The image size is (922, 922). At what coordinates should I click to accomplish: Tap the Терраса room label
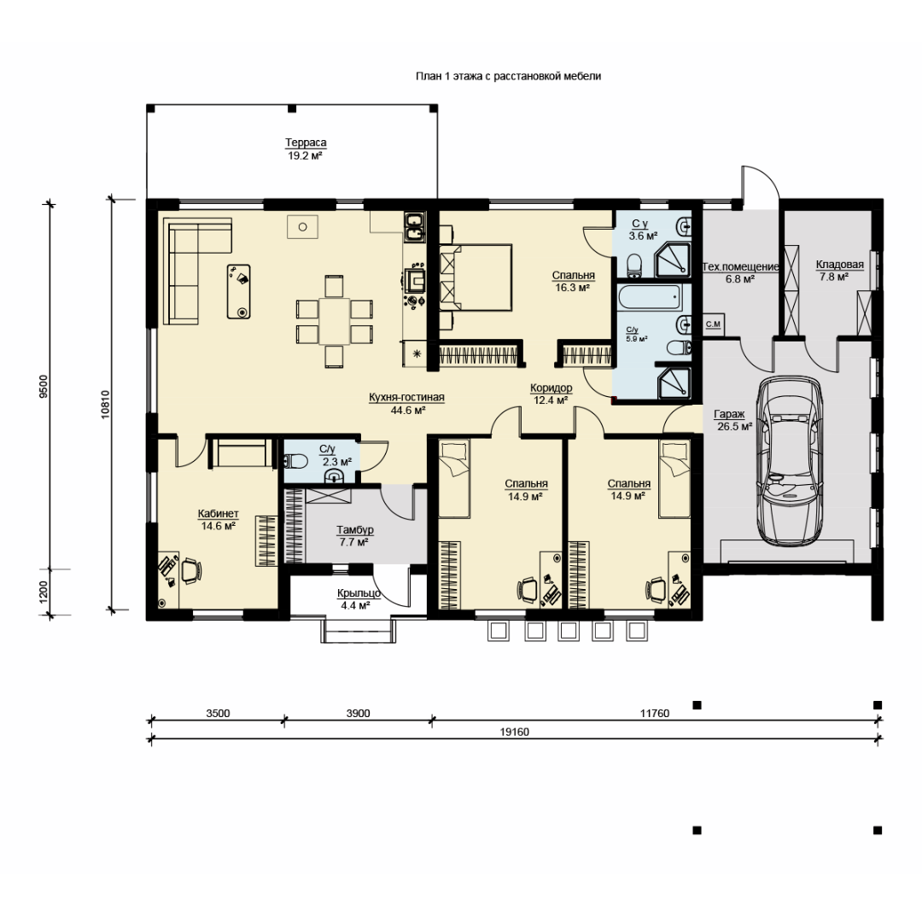306,143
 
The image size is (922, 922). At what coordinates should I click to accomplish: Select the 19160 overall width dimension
515,732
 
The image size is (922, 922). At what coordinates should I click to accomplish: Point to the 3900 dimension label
358,713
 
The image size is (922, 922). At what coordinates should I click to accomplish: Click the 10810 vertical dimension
105,405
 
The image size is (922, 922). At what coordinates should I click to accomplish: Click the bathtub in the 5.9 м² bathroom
650,298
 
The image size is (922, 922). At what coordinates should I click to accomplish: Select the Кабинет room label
219,514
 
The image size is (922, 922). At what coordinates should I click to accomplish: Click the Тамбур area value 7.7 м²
354,542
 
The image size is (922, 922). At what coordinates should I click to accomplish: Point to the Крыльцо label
359,593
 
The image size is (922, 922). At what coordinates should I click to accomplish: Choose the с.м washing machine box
713,324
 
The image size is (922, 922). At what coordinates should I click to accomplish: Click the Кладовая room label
840,265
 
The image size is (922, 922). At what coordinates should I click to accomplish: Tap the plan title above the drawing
508,76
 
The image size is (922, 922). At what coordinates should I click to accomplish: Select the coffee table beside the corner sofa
239,291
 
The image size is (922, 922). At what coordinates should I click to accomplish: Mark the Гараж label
729,415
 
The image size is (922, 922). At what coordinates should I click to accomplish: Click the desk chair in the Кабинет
190,570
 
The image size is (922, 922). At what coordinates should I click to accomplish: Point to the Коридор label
551,388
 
